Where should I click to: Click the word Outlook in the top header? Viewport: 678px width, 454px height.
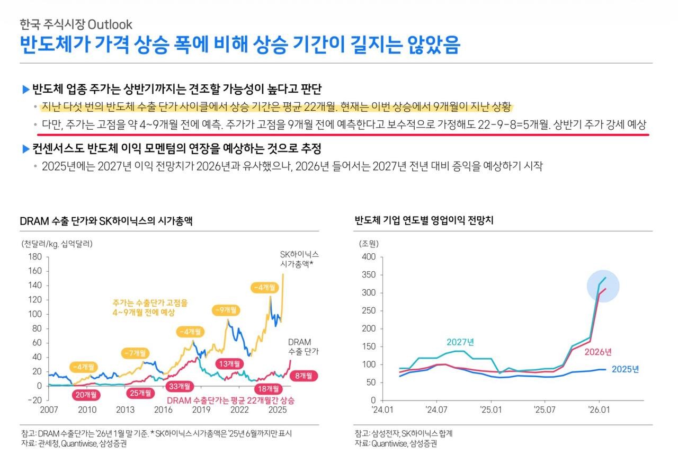pos(110,24)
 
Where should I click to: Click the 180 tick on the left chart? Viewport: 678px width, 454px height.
pos(34,257)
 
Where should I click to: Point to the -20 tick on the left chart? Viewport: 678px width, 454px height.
pos(33,400)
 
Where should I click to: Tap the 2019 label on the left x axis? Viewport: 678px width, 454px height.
pos(201,410)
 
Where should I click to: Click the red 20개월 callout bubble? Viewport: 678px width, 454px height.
pos(86,394)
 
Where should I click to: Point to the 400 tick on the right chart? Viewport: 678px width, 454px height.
pos(368,257)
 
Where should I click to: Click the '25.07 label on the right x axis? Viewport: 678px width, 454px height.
pos(544,410)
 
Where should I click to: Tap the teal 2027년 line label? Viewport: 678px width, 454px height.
pos(460,342)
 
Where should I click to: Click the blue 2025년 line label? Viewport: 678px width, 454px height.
pos(626,369)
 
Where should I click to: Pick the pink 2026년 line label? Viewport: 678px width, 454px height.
pos(598,352)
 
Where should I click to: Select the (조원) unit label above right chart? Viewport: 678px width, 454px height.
pos(369,244)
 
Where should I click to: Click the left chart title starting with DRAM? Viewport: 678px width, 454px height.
pos(106,221)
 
